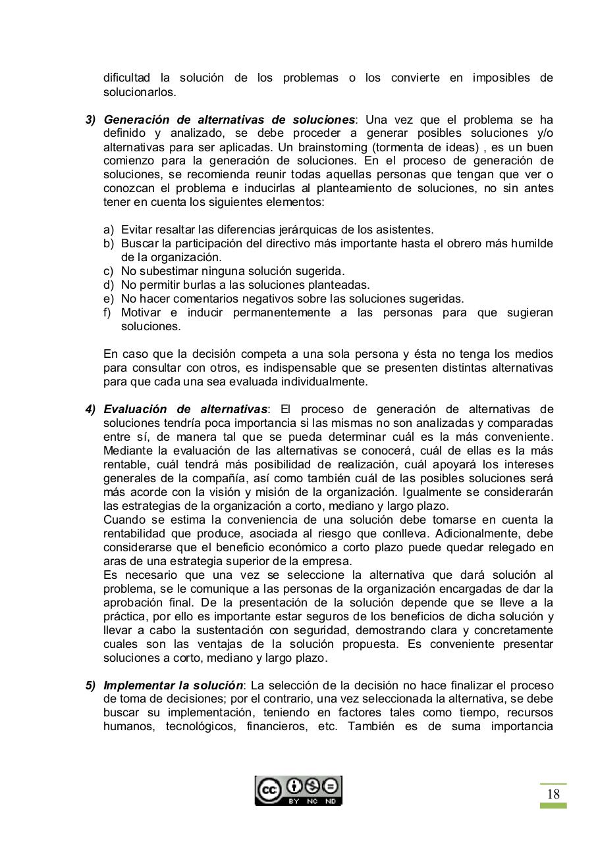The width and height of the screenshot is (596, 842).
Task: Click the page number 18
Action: click(x=553, y=794)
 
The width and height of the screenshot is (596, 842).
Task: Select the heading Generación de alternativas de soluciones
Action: click(x=229, y=120)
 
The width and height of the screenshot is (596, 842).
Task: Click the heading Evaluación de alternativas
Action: click(x=185, y=409)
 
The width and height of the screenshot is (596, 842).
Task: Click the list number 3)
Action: click(x=90, y=120)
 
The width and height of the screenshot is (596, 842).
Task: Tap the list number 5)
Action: click(x=90, y=685)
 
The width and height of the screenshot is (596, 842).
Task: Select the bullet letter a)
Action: click(x=109, y=230)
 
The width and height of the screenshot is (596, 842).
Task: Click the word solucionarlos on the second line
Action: click(x=130, y=92)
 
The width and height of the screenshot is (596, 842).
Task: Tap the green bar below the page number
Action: click(x=553, y=805)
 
